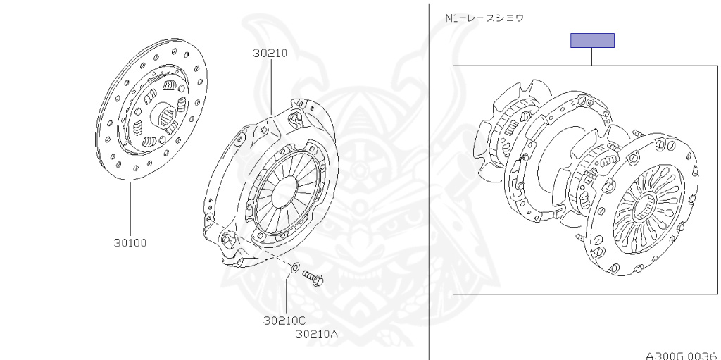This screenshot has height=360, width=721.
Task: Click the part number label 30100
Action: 130,242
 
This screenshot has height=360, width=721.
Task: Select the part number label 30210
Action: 270,53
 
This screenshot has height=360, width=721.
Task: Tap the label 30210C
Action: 284,320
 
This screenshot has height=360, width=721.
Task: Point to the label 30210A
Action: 316,334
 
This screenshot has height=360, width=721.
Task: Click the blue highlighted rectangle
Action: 592,41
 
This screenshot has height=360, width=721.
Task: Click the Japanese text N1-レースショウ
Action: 484,18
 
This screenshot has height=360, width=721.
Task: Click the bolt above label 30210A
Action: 313,278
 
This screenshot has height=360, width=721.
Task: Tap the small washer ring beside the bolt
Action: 295,266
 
